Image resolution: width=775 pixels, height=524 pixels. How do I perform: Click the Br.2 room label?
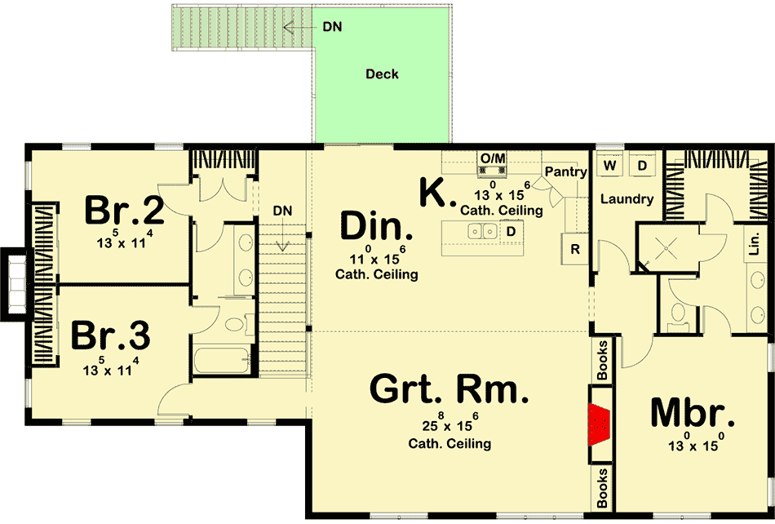point(124,211)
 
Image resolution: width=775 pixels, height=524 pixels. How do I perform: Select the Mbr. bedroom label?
point(692,415)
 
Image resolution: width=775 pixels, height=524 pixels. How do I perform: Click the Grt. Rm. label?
point(449,389)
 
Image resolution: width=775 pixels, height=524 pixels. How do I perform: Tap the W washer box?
point(609,166)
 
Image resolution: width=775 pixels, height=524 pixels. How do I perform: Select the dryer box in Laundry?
point(642,166)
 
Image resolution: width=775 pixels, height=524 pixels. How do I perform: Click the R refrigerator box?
point(575,249)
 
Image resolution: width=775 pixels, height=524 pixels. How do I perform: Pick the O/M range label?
point(492,157)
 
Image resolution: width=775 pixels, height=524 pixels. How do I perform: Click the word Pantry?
point(565,172)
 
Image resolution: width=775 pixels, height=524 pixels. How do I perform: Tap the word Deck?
point(382,74)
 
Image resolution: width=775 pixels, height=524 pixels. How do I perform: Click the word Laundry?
point(627,199)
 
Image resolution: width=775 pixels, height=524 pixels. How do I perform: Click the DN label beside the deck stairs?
point(332,26)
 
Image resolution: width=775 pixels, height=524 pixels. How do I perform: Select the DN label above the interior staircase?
point(282,211)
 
